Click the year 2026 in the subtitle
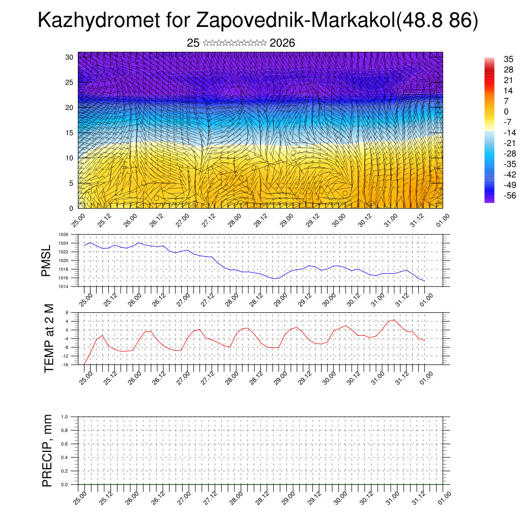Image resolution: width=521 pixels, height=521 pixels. [282, 43]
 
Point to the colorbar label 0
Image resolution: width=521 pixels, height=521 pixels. [506, 111]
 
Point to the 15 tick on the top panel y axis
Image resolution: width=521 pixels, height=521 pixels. [70, 133]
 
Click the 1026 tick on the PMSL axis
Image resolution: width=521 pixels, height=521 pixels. [64, 235]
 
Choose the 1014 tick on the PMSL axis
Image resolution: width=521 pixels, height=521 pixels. [64, 286]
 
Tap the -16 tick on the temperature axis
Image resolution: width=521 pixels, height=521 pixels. [65, 364]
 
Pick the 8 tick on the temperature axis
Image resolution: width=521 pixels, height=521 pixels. [67, 312]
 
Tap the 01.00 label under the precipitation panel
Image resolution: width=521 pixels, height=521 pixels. [444, 498]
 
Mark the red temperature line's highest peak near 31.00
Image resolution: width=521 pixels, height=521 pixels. [394, 320]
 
